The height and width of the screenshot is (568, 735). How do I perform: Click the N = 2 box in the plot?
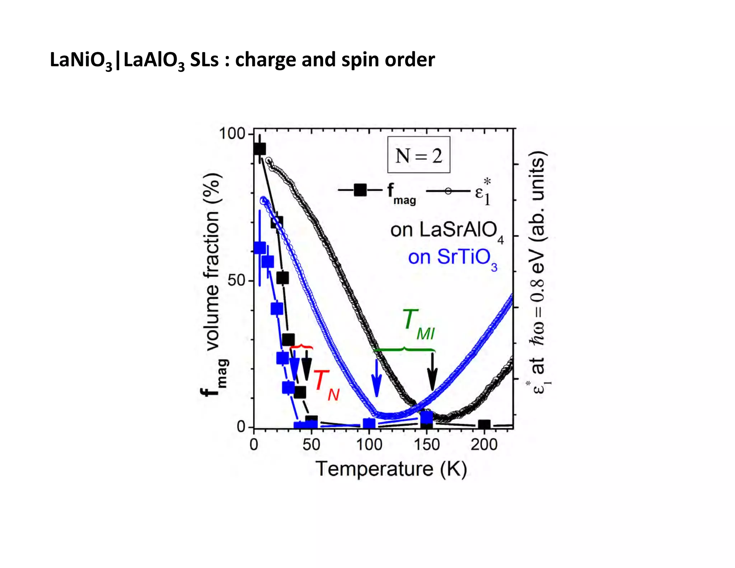pos(418,155)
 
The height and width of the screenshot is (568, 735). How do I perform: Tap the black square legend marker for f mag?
pos(360,190)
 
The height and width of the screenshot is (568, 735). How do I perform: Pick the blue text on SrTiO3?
pos(452,258)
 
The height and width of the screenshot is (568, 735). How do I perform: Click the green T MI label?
pos(418,325)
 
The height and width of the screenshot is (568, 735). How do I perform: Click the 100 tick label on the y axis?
pos(231,134)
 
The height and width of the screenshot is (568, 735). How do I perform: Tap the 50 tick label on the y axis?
pos(236,280)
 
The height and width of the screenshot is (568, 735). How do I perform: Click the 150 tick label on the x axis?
pos(427,445)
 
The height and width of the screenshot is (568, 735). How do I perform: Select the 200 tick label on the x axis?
pos(484,445)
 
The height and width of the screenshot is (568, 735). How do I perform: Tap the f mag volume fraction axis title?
pos(213,284)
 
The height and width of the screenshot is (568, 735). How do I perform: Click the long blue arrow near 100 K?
pos(376,379)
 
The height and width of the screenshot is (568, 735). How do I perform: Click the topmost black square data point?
pos(259,149)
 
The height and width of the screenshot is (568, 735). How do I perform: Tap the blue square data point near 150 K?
pos(426,418)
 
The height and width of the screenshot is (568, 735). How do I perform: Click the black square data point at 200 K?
pos(484,425)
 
